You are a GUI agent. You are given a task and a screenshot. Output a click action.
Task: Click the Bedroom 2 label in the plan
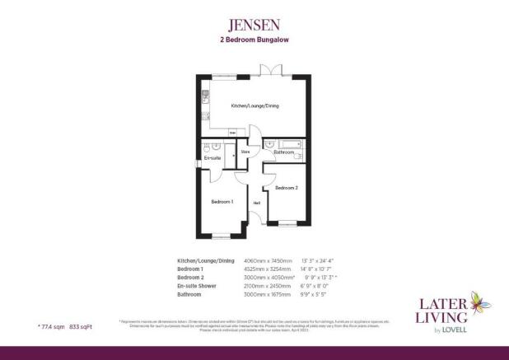[x=286, y=188]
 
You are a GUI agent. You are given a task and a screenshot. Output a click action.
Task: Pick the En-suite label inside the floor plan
[x=212, y=157]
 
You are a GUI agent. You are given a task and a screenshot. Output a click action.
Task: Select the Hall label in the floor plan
[x=257, y=203]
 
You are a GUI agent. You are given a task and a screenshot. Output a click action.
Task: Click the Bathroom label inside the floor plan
[x=285, y=152]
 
